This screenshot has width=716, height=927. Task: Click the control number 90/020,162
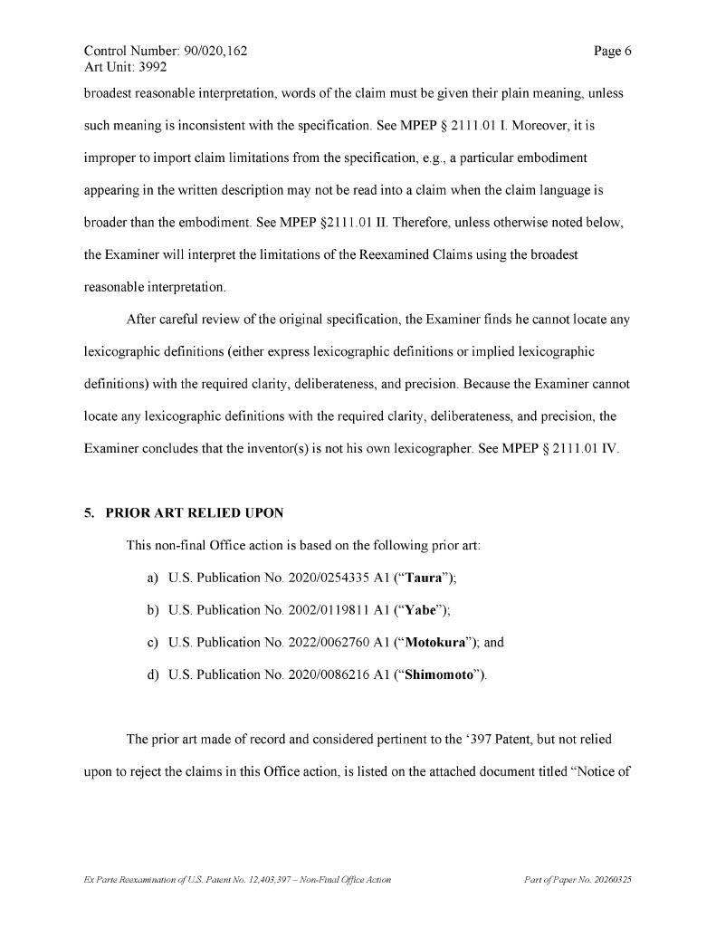point(215,52)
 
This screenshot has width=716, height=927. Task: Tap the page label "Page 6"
point(612,52)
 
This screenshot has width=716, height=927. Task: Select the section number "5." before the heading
point(90,513)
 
